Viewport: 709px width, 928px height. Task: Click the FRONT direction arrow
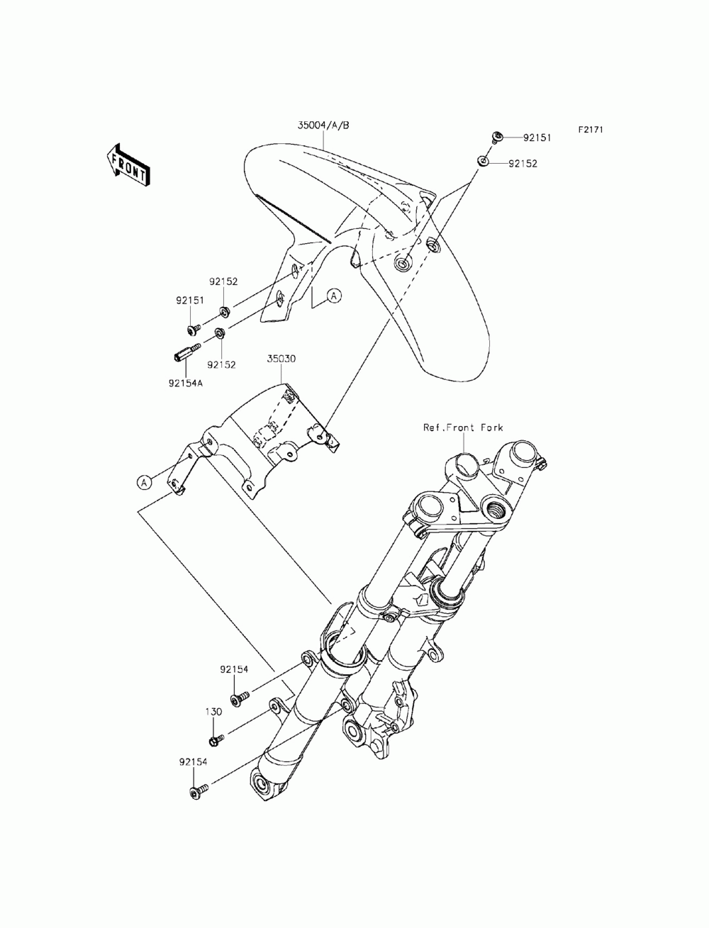128,164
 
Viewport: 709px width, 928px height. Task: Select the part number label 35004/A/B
323,125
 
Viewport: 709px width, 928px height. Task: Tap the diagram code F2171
589,130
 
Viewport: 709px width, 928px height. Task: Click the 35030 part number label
281,359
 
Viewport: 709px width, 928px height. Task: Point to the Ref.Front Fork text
463,427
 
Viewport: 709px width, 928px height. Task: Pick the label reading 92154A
186,383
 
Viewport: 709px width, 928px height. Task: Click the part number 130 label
214,712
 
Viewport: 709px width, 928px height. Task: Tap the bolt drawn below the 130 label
216,740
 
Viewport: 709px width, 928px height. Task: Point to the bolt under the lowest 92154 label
198,790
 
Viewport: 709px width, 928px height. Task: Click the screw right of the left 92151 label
192,329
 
